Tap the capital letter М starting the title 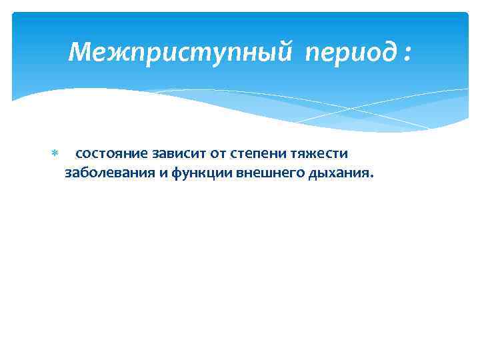(79, 51)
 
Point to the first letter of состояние (79, 155)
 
